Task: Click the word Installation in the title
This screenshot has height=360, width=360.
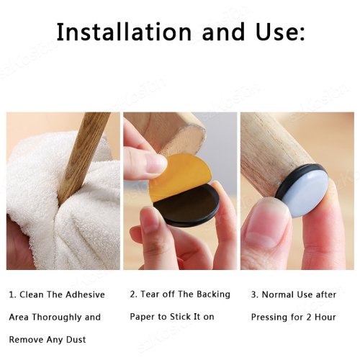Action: tap(124, 32)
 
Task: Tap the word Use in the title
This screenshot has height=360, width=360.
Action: tap(274, 32)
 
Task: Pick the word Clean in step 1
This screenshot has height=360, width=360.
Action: tap(32, 294)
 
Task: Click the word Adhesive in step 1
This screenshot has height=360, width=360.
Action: tap(85, 294)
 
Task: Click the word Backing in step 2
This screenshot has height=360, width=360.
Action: tap(213, 294)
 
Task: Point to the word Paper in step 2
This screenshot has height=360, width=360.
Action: tap(143, 317)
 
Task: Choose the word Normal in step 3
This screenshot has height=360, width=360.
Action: tap(278, 294)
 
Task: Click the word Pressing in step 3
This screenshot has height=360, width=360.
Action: tap(269, 318)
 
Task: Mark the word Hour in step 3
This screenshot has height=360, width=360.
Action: tap(325, 317)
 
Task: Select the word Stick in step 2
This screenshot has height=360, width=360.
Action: tap(180, 317)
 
